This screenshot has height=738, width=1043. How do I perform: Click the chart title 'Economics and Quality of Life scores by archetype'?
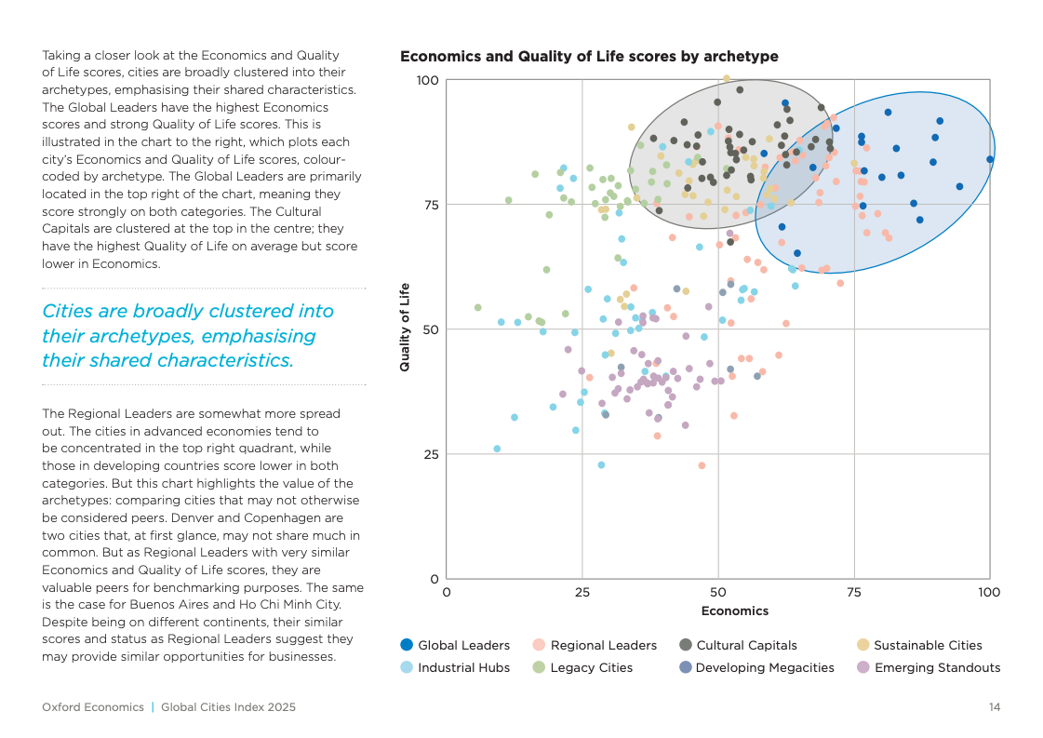589,57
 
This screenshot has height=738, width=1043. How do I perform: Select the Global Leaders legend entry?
455,645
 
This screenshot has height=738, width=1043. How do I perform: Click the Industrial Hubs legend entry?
455,667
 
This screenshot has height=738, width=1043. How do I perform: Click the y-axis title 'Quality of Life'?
405,329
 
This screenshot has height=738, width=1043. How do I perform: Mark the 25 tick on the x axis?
582,592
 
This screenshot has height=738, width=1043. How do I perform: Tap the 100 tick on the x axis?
989,592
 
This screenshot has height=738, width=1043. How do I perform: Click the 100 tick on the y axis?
427,80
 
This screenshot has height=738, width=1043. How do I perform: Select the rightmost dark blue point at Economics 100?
990,159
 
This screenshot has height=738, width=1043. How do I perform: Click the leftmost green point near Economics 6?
478,308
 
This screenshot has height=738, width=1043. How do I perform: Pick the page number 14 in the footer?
994,707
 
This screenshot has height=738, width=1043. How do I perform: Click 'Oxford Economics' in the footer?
93,707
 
